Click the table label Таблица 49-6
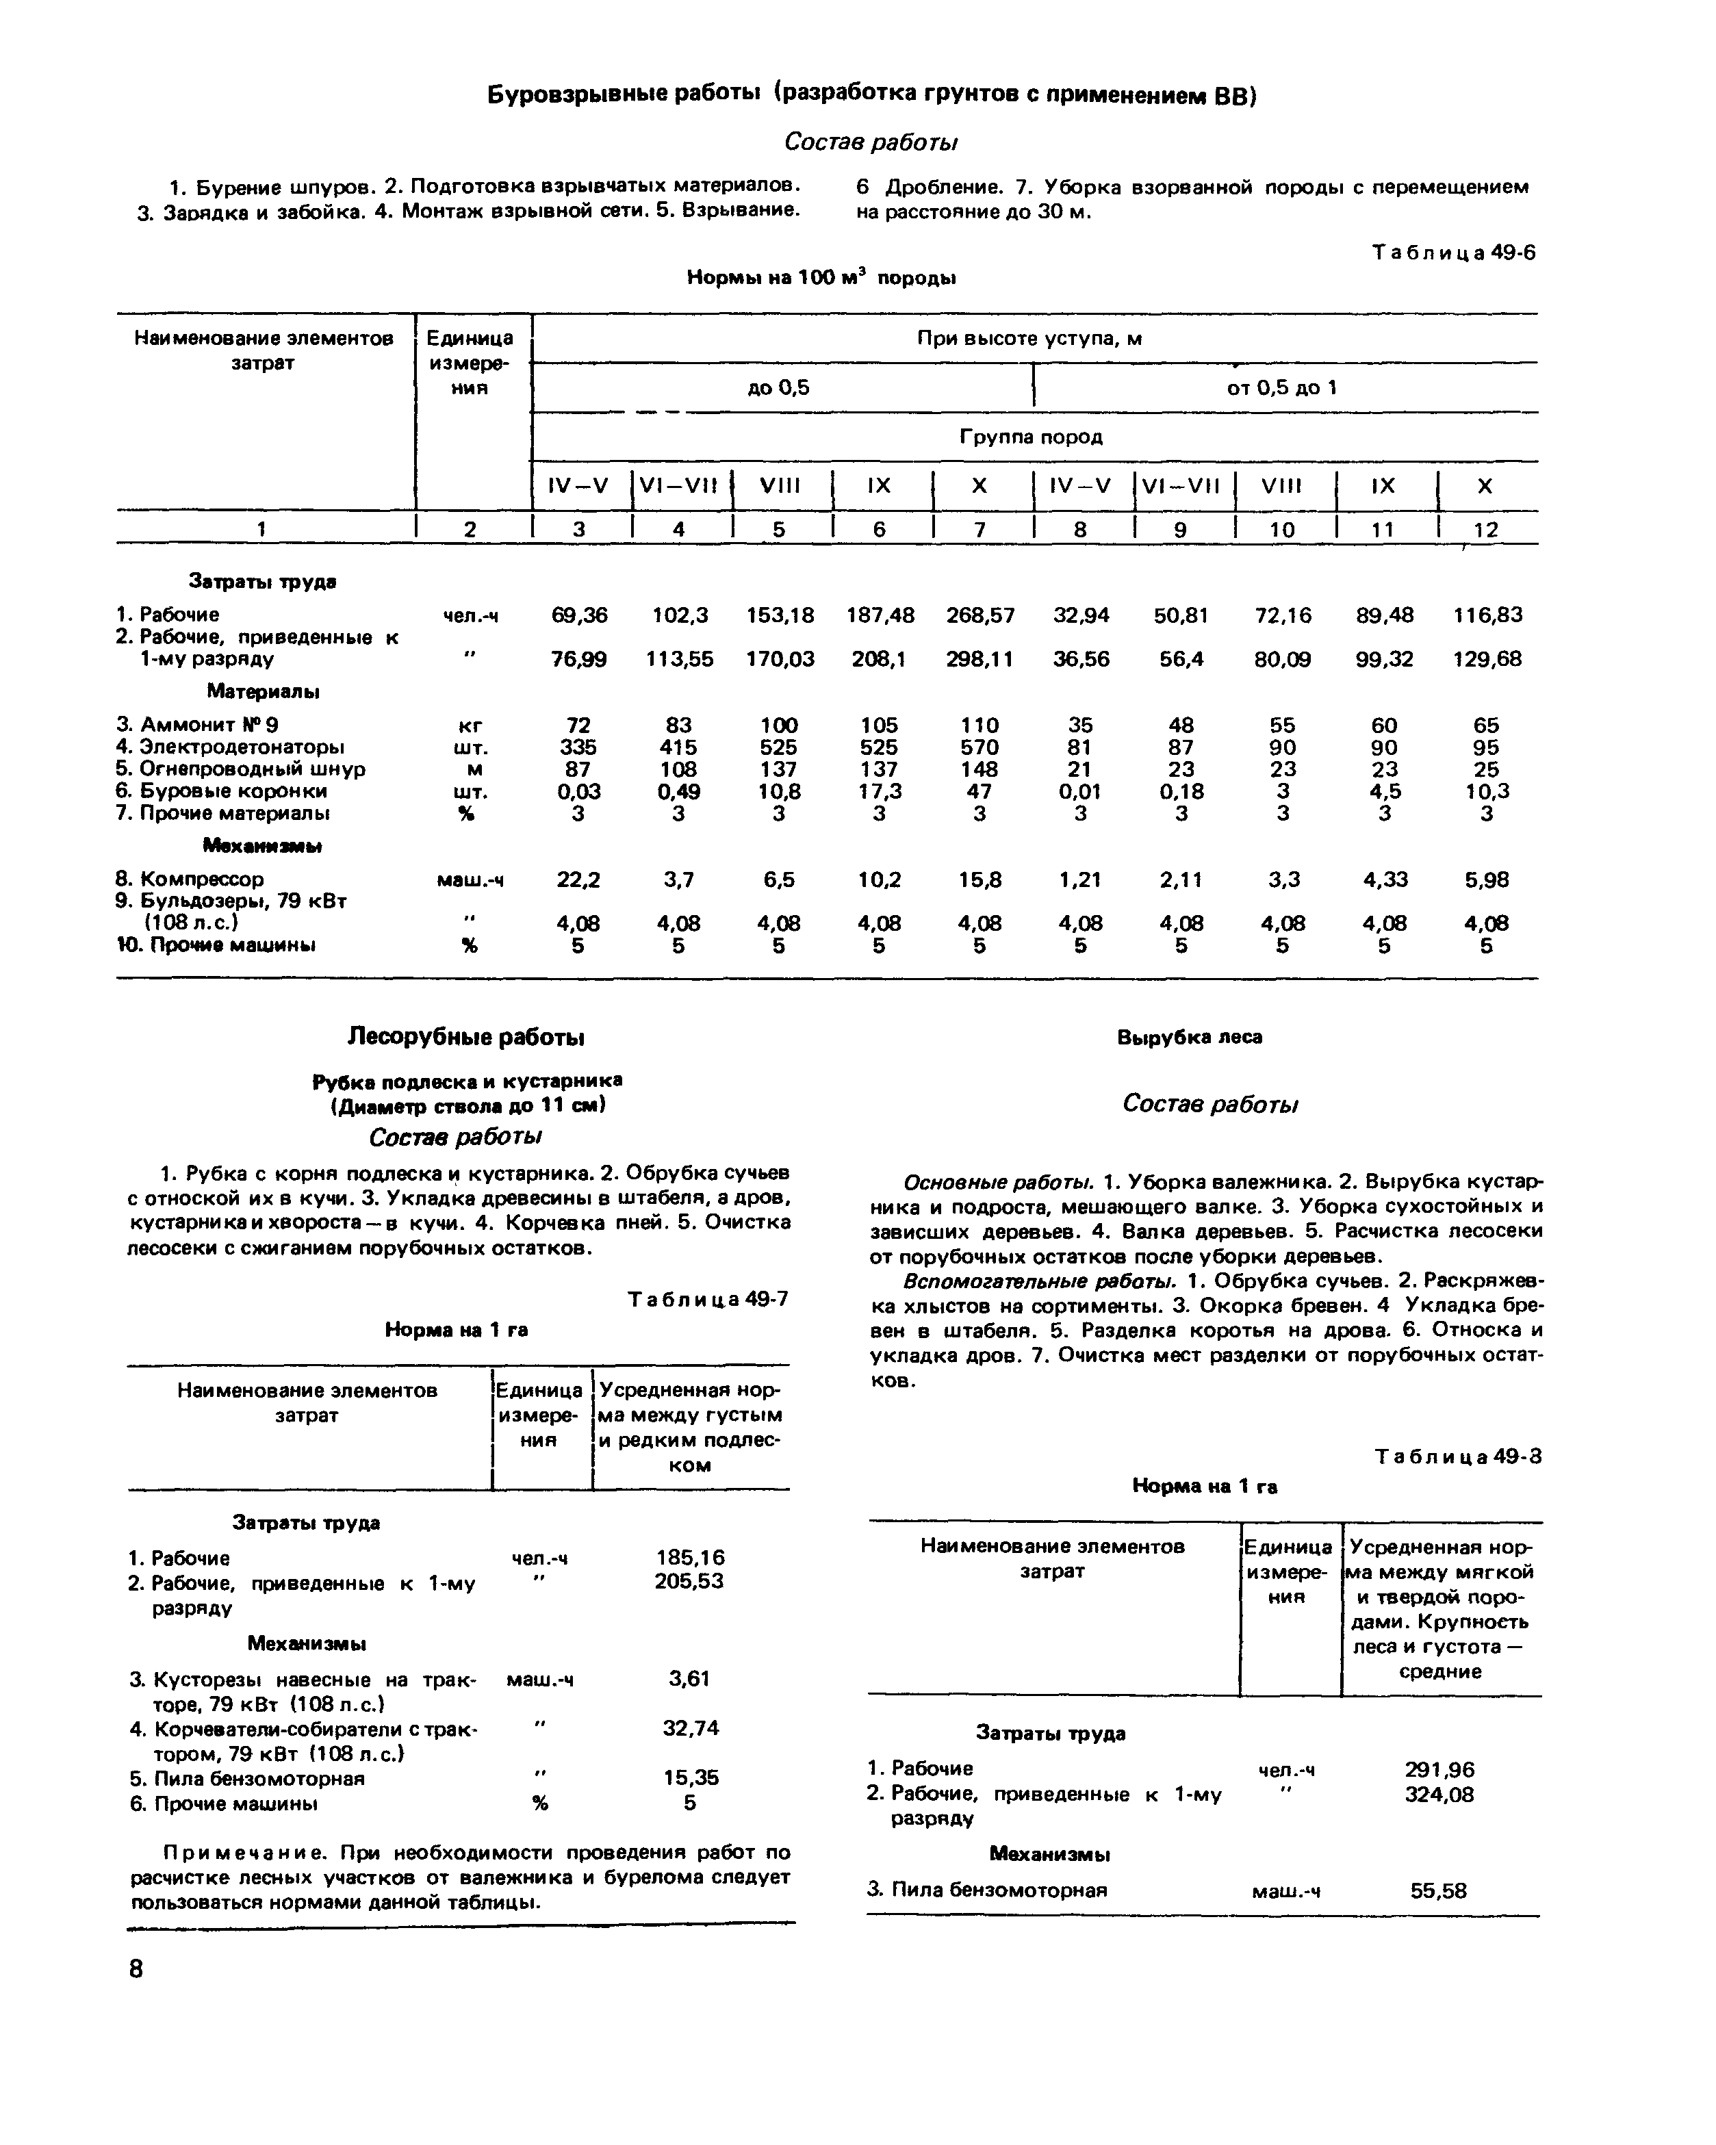[x=1453, y=253]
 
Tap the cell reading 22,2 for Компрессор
[x=578, y=880]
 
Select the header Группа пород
[x=1031, y=437]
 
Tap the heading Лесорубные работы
[x=465, y=1038]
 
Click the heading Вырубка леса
[x=1190, y=1038]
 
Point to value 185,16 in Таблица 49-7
[x=691, y=1558]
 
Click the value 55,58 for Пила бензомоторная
[x=1439, y=1891]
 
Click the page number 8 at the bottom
[x=136, y=1970]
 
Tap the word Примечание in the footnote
[x=245, y=1853]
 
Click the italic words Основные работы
[x=998, y=1183]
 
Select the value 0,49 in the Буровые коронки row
[x=678, y=792]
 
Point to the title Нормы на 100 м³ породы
[x=821, y=279]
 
